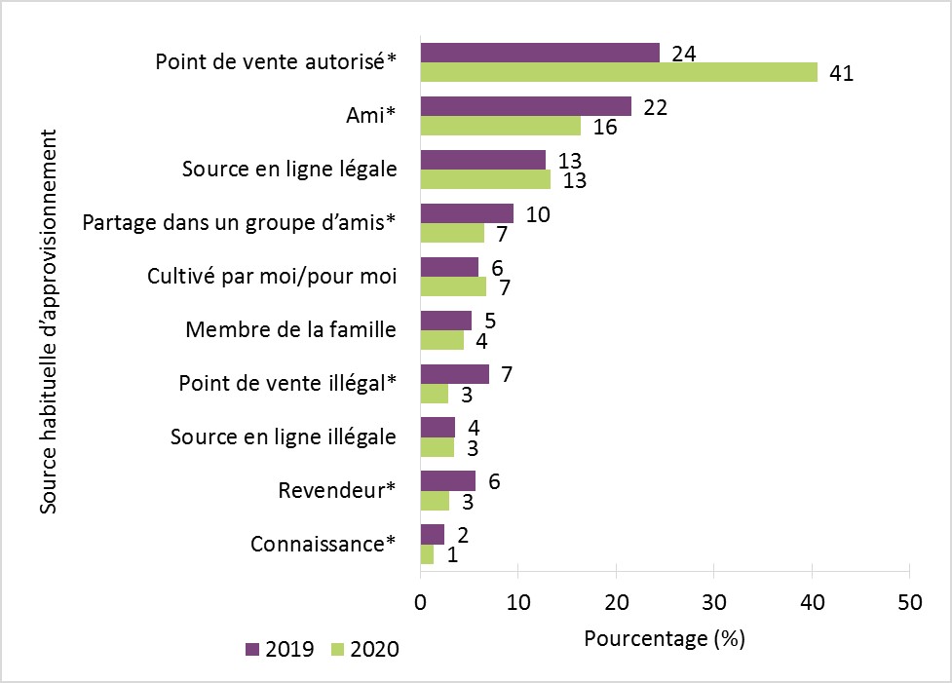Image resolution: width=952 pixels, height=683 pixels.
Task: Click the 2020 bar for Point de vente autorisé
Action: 619,72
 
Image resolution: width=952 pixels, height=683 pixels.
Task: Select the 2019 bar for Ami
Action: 525,106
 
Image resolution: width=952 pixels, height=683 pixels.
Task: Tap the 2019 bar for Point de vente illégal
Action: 454,374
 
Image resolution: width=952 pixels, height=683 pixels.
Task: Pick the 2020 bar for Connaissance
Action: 427,554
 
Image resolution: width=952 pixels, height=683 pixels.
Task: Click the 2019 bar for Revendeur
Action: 447,480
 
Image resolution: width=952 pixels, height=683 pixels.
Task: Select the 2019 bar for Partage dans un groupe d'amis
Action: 467,213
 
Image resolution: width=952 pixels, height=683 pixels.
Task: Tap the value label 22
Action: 655,107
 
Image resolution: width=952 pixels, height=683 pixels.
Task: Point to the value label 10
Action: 537,214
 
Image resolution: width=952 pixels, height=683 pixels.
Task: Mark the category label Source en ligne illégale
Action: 283,437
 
